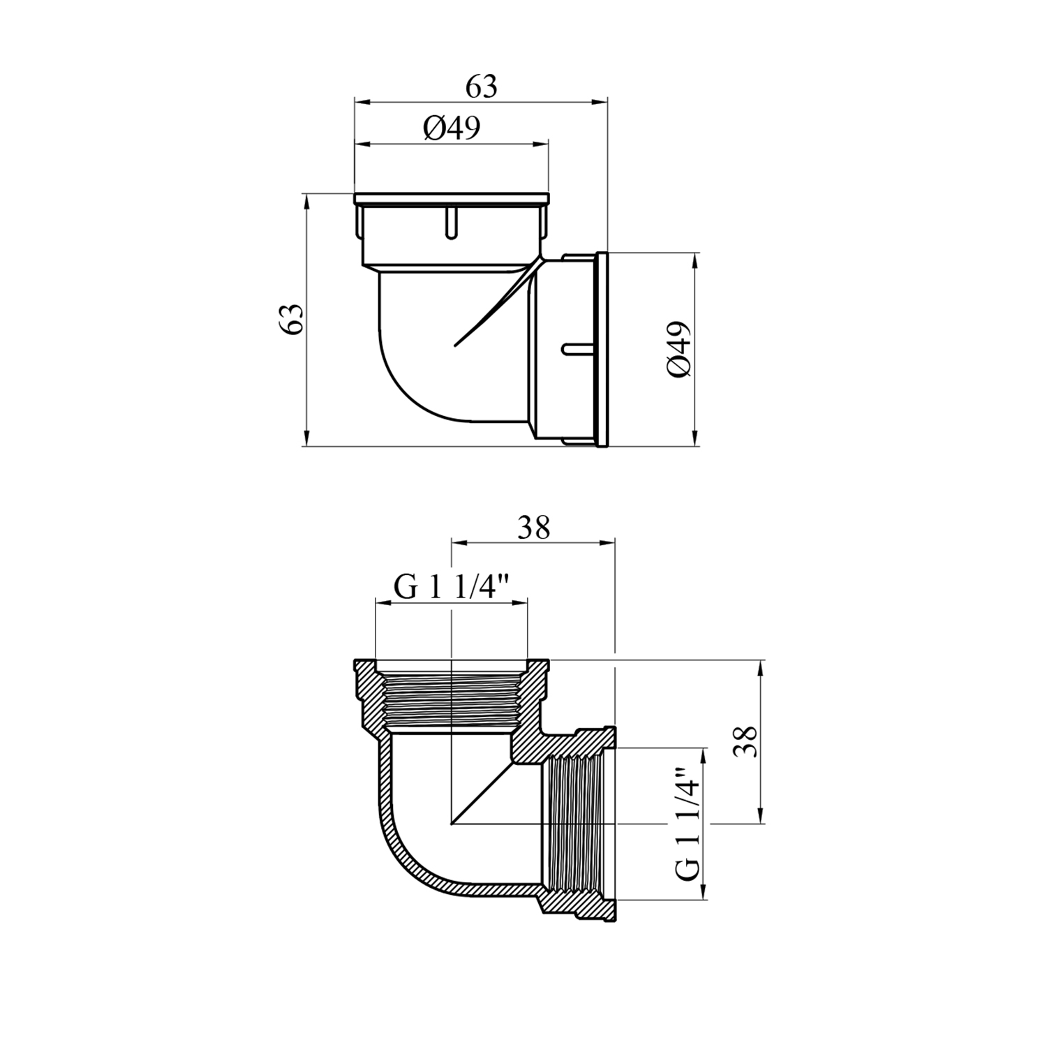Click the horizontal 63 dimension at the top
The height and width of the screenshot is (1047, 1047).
click(482, 87)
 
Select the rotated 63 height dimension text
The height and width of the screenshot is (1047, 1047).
click(292, 319)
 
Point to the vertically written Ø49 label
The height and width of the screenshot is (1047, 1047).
click(680, 350)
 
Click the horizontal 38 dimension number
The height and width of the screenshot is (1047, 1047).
click(534, 528)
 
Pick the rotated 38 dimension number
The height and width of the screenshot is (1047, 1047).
click(746, 741)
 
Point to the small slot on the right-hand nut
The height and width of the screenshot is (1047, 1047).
click(577, 347)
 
